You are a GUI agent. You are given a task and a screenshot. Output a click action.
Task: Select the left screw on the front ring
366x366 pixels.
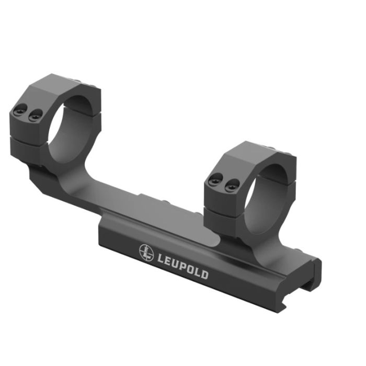pyautogui.click(x=212, y=180)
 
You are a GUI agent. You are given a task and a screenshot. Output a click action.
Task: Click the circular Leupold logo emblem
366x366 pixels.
pyautogui.click(x=146, y=251)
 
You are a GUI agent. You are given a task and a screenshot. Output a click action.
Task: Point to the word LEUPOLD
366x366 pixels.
pyautogui.click(x=181, y=265)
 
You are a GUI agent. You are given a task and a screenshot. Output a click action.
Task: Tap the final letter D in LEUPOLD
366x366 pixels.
pyautogui.click(x=204, y=274)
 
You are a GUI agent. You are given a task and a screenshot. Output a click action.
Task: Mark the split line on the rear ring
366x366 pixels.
pyautogui.click(x=29, y=141)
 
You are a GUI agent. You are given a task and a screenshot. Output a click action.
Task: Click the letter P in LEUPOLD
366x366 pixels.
pyautogui.click(x=179, y=264)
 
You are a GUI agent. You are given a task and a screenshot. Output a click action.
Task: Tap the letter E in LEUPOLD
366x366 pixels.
pyautogui.click(x=166, y=259)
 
